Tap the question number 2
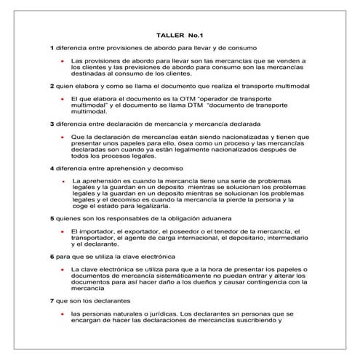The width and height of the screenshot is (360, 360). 52,86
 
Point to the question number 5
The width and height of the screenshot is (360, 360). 52,218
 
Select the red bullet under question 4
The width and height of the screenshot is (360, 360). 63,179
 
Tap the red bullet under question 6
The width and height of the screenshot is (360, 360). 63,269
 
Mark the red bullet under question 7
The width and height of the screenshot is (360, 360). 63,313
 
